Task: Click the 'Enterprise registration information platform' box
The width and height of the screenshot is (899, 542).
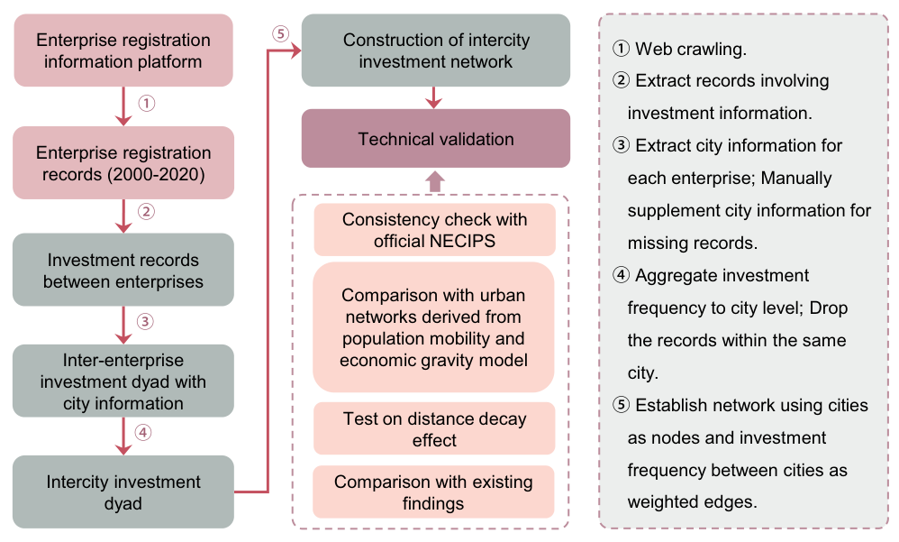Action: pyautogui.click(x=123, y=51)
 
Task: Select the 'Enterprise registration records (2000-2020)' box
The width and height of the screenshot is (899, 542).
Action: pyautogui.click(x=123, y=163)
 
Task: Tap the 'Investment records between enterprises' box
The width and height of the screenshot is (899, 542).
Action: pyautogui.click(x=123, y=270)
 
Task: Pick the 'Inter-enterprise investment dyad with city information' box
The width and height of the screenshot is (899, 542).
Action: pyautogui.click(x=123, y=381)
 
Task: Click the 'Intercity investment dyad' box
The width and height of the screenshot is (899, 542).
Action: pyautogui.click(x=123, y=492)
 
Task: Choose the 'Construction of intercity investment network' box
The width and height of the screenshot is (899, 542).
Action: pyautogui.click(x=436, y=51)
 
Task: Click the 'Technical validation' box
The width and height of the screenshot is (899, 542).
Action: pyautogui.click(x=436, y=138)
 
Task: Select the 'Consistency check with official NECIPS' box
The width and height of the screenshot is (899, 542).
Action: pyautogui.click(x=434, y=230)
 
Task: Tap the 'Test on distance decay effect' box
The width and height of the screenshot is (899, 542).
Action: pyautogui.click(x=434, y=429)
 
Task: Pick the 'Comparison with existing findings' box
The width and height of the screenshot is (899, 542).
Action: pyautogui.click(x=433, y=492)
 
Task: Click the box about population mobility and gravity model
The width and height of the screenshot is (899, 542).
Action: pyautogui.click(x=433, y=327)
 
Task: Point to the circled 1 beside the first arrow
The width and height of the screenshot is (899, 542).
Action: pyautogui.click(x=147, y=104)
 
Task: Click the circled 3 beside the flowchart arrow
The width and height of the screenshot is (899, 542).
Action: pyautogui.click(x=145, y=322)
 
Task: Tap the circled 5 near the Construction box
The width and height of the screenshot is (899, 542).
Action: pyautogui.click(x=280, y=34)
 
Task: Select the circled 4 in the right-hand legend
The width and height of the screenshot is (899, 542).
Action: pyautogui.click(x=621, y=275)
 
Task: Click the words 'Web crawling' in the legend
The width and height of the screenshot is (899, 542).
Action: pyautogui.click(x=689, y=50)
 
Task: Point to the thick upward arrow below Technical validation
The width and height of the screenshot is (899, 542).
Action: pyautogui.click(x=434, y=181)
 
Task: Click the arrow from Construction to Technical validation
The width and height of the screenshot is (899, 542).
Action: pyautogui.click(x=434, y=97)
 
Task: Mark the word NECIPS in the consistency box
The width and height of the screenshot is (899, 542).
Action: pyautogui.click(x=463, y=241)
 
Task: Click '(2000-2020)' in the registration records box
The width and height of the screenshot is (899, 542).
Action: pyautogui.click(x=157, y=175)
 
